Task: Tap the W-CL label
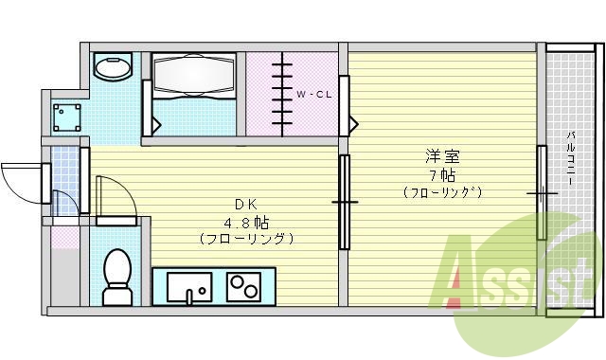point(313,95)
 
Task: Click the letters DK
point(245,204)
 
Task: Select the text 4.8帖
point(244,221)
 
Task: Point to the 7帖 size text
point(441,174)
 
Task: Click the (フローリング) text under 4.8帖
point(245,239)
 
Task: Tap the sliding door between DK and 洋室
point(345,201)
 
